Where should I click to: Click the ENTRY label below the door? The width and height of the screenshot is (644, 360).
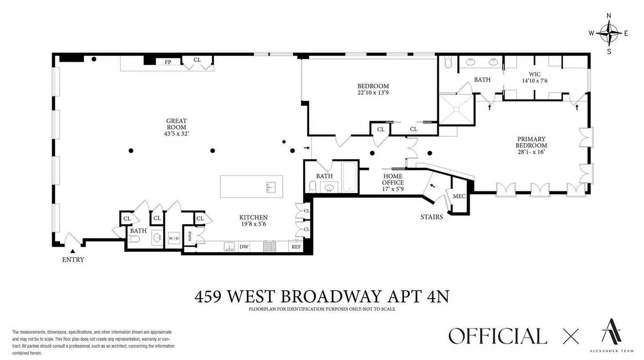[73, 260]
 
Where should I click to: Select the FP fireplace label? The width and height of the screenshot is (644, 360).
[168, 62]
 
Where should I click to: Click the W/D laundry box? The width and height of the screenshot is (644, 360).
[174, 238]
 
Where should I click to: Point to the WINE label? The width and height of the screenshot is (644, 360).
[189, 236]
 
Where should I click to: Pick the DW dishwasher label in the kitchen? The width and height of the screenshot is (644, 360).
[244, 247]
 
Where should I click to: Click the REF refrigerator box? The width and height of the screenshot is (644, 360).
[296, 247]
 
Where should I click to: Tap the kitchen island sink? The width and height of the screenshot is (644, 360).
[270, 187]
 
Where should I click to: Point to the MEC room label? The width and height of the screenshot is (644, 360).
[459, 196]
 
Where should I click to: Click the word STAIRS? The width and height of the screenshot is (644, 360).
[432, 217]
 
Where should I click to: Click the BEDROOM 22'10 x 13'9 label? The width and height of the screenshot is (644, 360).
[373, 90]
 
